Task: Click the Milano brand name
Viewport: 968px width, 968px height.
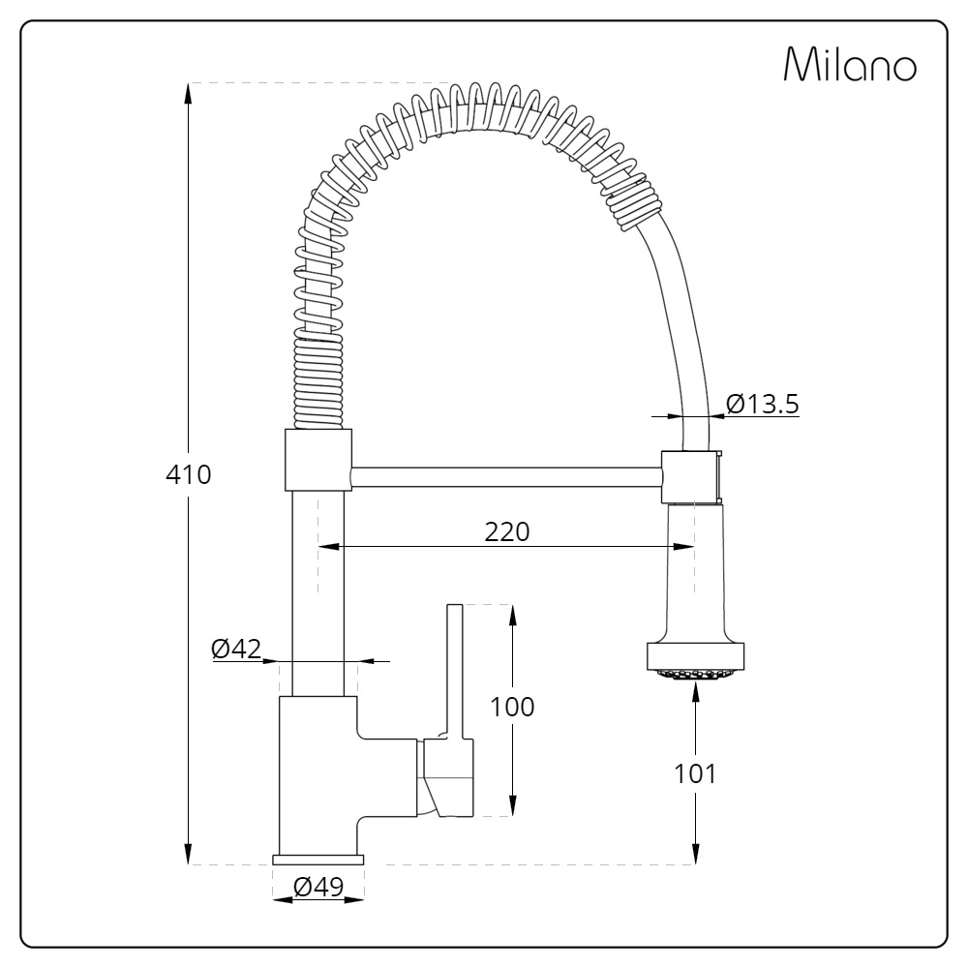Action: coord(850,65)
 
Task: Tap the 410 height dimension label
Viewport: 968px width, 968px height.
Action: coord(188,475)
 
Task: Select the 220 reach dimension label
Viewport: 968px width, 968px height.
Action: coord(508,531)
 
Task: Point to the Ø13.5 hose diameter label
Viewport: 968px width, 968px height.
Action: coord(762,404)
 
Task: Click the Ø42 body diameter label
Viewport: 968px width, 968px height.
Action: coord(236,650)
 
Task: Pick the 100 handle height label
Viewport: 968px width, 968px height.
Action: coord(512,707)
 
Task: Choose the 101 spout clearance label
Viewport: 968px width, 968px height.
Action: coord(695,773)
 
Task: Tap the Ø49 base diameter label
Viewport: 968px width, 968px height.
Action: coord(318,887)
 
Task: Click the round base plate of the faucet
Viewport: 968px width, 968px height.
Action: coord(318,860)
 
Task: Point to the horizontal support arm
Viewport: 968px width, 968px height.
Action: coord(505,477)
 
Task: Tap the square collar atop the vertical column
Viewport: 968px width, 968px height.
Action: coord(318,460)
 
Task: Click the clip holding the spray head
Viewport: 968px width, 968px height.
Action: coord(691,476)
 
